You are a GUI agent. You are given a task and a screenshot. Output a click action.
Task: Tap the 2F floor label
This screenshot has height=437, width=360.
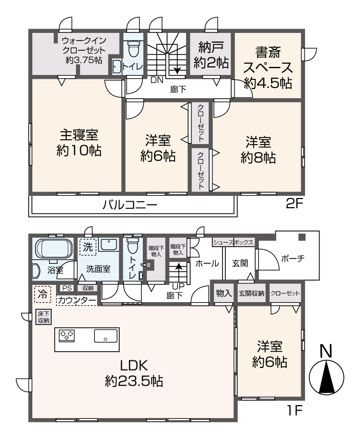[295, 204]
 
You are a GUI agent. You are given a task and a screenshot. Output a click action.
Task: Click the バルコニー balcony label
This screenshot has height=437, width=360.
[129, 205]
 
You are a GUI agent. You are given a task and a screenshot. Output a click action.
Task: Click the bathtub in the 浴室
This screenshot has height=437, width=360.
[52, 250]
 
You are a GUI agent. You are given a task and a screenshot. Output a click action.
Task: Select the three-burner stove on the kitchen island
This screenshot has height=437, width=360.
[66, 336]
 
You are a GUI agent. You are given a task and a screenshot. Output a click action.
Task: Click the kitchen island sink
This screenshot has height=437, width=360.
[105, 336]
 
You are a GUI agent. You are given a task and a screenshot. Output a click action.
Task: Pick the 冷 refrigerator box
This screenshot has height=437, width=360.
[41, 295]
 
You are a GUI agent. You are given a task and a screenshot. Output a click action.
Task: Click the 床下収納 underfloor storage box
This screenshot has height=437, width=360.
[43, 317]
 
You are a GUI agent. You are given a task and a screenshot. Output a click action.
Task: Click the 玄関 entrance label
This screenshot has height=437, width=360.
[240, 263]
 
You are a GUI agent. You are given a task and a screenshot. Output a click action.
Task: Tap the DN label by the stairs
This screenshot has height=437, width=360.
[156, 80]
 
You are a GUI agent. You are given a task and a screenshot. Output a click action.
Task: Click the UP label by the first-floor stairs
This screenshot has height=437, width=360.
[176, 286]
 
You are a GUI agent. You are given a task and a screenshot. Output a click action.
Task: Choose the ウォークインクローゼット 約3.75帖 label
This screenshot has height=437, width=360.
[83, 50]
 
